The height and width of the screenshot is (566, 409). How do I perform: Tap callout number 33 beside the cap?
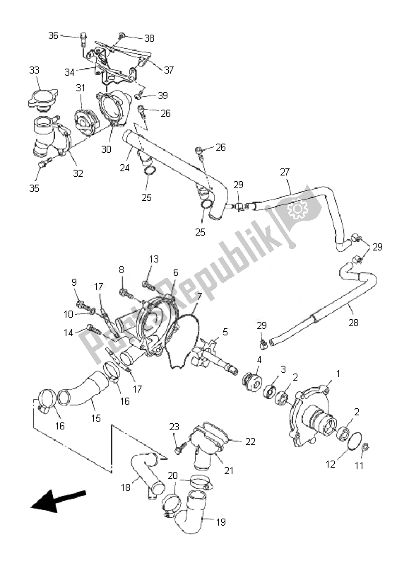pyautogui.click(x=35, y=70)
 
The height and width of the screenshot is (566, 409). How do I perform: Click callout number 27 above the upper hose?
pyautogui.click(x=285, y=172)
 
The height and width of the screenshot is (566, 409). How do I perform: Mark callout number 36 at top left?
pyautogui.click(x=54, y=35)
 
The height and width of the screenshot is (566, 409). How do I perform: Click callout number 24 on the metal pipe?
pyautogui.click(x=125, y=168)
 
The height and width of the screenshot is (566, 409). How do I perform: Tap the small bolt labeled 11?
pyautogui.click(x=366, y=447)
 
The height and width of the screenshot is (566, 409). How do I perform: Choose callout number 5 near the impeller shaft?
pyautogui.click(x=225, y=331)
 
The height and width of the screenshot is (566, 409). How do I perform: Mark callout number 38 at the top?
pyautogui.click(x=149, y=37)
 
